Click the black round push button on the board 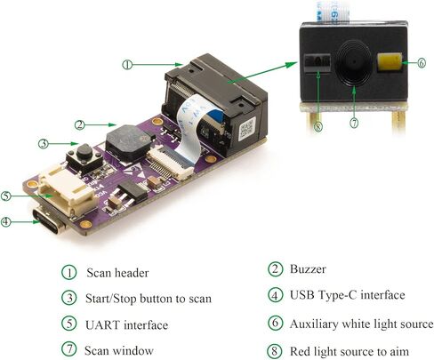click(x=84, y=152)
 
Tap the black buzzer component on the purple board click(x=129, y=142)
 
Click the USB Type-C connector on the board click(x=49, y=221)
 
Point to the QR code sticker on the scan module click(x=247, y=128)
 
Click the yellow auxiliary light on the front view click(x=390, y=62)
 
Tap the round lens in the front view click(x=354, y=63)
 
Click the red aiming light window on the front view click(x=317, y=62)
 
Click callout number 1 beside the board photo click(x=127, y=65)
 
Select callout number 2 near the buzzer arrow click(x=79, y=124)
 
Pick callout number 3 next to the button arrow click(x=43, y=144)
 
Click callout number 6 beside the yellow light click(x=422, y=63)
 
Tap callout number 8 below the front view click(x=317, y=127)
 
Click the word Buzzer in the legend click(x=308, y=269)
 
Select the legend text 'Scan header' click(x=117, y=273)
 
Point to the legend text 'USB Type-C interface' click(x=347, y=295)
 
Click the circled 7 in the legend click(x=69, y=349)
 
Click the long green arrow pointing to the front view click(x=262, y=72)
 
